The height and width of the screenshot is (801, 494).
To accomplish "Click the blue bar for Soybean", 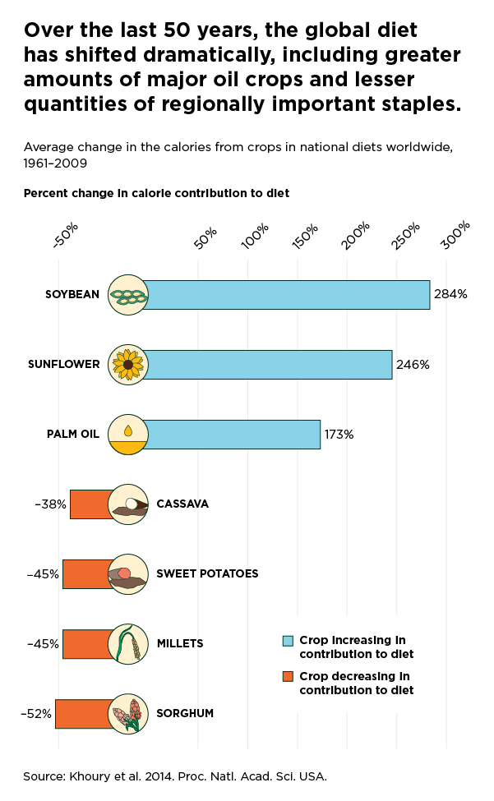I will pos(288,295).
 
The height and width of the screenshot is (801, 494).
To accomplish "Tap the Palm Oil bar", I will pos(233,435).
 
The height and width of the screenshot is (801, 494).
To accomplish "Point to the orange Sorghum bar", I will pos(82,714).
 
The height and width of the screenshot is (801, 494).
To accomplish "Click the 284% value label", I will pos(450,294).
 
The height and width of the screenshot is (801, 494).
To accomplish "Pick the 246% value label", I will pos(413,364).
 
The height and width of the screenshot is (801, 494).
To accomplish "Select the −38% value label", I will pos(51,504).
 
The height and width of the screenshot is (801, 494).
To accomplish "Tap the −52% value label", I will pos(36,714).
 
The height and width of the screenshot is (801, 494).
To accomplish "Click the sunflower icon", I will pos(128,365).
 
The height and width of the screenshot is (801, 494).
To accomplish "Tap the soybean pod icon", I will pos(128,295).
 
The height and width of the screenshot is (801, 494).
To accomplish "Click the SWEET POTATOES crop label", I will pos(207,573).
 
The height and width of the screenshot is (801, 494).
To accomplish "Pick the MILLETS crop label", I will pos(179,643).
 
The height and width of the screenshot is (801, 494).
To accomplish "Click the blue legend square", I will pos(288,640).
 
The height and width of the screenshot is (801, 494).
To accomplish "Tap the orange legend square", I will pos(288,676).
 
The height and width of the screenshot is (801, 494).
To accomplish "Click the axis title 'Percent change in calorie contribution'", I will pos(156,193).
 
